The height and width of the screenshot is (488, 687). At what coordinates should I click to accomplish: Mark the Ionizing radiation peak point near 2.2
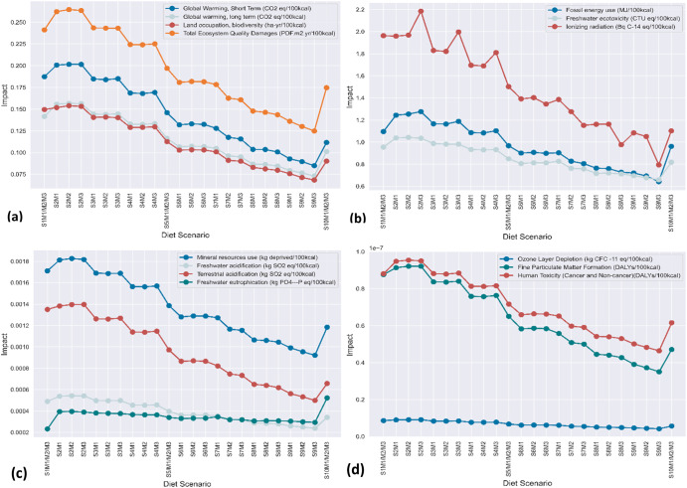[448, 12]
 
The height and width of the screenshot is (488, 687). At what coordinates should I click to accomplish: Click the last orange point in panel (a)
[326, 87]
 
